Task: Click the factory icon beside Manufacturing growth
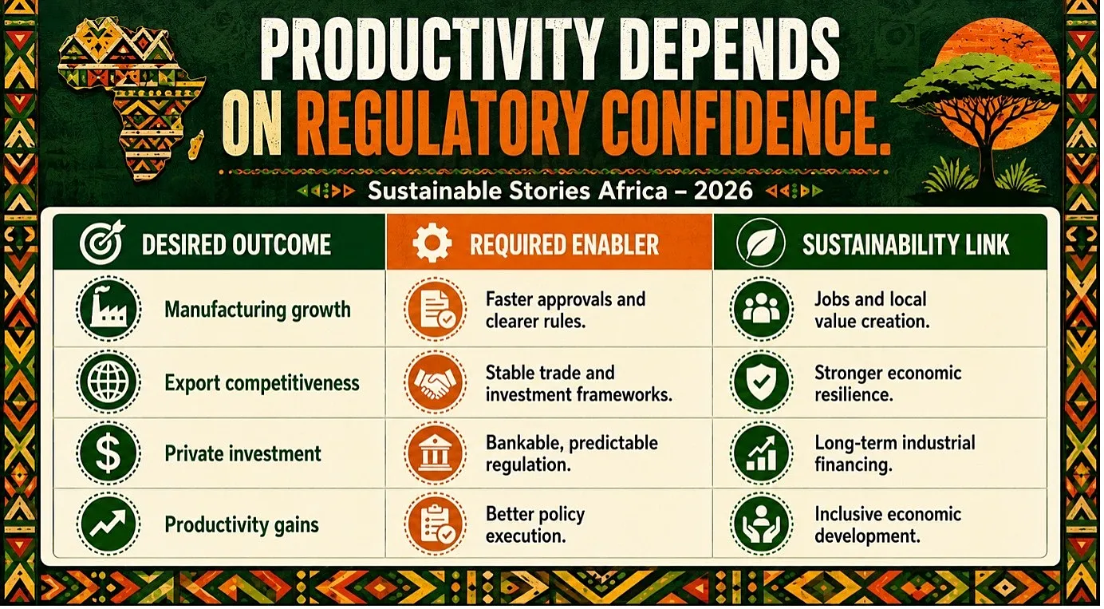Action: coord(108,309)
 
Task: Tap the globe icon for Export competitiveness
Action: coord(108,382)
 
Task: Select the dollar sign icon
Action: coord(108,453)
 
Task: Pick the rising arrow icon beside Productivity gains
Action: coord(108,524)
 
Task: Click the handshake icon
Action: coord(436,382)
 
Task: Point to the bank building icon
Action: coord(436,453)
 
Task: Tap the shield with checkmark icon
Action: coord(762,382)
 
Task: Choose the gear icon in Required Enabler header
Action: coord(432,243)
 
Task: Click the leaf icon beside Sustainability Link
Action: coord(760,243)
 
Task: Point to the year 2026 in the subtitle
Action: coord(723,191)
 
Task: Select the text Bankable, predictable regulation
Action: coord(572,453)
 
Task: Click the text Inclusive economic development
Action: coord(888,524)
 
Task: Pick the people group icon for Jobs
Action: coord(762,309)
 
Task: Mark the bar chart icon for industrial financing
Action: coord(762,453)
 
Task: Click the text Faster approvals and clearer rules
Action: coord(566,310)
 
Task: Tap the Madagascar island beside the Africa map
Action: coord(196,144)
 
